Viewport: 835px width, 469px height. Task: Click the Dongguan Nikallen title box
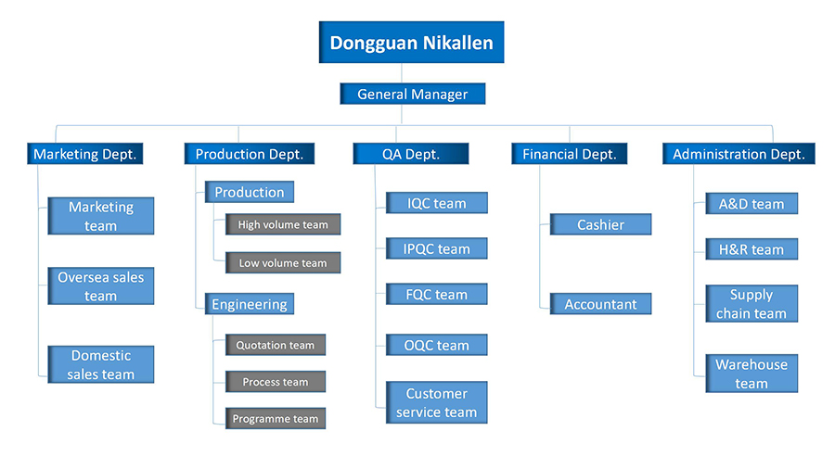(412, 42)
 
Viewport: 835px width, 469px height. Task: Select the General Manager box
(413, 94)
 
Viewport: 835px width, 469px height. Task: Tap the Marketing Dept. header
(85, 154)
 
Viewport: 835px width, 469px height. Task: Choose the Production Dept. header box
(250, 154)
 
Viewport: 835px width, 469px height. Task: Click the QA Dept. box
(411, 154)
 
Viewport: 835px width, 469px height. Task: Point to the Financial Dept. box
(570, 154)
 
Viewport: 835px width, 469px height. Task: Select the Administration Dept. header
(739, 154)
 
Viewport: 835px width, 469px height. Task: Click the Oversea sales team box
(100, 286)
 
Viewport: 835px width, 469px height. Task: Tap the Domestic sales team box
(100, 364)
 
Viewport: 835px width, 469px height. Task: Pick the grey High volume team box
(283, 224)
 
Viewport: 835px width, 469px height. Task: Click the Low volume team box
(283, 262)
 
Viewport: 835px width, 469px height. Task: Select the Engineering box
(250, 304)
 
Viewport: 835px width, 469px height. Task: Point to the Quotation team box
(276, 345)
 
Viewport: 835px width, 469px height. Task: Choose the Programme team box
(276, 418)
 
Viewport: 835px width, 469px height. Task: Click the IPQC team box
(437, 248)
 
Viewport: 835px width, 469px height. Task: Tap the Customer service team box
(437, 402)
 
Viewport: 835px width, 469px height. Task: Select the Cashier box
(600, 224)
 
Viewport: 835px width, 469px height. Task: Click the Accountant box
(600, 304)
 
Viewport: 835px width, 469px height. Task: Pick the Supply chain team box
(751, 304)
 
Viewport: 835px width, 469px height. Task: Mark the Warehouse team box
(751, 374)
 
